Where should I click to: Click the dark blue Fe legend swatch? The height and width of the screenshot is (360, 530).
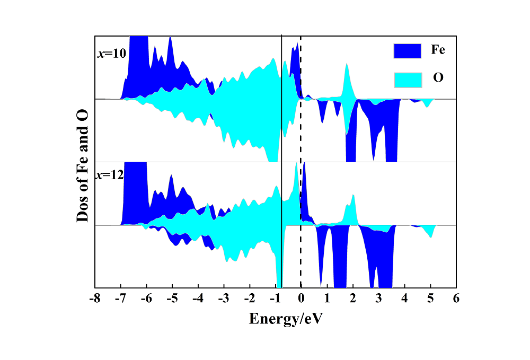click(x=407, y=51)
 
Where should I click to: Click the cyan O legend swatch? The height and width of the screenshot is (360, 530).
click(x=407, y=80)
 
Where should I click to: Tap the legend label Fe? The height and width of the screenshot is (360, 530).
click(x=438, y=51)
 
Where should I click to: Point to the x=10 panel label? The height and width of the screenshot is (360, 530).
click(x=111, y=54)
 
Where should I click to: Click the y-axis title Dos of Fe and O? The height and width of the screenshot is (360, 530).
click(x=83, y=162)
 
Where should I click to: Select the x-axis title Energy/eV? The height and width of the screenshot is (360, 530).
click(x=286, y=319)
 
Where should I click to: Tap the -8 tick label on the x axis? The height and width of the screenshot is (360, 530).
click(x=95, y=298)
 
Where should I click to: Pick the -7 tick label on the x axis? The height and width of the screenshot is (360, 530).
click(x=121, y=298)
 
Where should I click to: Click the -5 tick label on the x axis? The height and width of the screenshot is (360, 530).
click(x=172, y=298)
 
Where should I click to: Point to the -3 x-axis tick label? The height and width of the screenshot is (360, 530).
click(x=224, y=298)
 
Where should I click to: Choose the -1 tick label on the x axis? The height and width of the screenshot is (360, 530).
click(x=275, y=298)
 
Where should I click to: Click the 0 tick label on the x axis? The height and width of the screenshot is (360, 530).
click(x=301, y=298)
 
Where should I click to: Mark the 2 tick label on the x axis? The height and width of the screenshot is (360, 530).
click(x=353, y=298)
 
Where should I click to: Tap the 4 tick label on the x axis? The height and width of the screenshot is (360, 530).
click(x=404, y=298)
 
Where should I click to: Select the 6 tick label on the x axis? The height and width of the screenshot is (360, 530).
click(x=456, y=298)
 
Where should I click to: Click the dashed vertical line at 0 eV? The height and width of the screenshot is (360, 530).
click(x=301, y=133)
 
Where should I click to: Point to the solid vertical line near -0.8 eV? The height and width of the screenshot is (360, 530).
click(x=281, y=133)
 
